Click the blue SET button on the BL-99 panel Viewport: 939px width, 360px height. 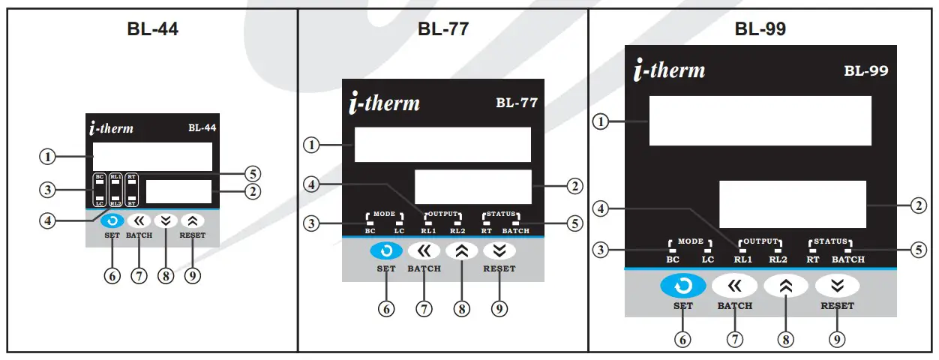pyautogui.click(x=682, y=285)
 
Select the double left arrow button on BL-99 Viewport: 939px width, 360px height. pyautogui.click(x=734, y=285)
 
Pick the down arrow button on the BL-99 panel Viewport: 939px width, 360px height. pyautogui.click(x=836, y=285)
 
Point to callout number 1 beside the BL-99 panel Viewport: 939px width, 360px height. pyautogui.click(x=600, y=121)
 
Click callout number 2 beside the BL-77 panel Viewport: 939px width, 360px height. pyautogui.click(x=574, y=186)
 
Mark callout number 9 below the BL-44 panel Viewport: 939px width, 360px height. pyautogui.click(x=193, y=275)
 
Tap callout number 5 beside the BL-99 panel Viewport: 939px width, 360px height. pyautogui.click(x=918, y=250)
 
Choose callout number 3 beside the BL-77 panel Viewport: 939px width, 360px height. pyautogui.click(x=310, y=223)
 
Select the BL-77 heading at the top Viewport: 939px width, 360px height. pyautogui.click(x=442, y=30)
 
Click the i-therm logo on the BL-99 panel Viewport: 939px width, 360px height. pyautogui.click(x=669, y=70)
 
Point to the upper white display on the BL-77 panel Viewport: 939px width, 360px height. pyautogui.click(x=442, y=145)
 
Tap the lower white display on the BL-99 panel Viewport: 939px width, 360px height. pyautogui.click(x=792, y=204)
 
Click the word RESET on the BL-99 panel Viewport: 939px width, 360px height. pyautogui.click(x=837, y=306)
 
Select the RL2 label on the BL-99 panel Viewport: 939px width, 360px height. pyautogui.click(x=778, y=259)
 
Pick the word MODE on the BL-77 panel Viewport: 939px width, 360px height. pyautogui.click(x=384, y=214)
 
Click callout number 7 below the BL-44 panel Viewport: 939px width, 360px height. pyautogui.click(x=138, y=275)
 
